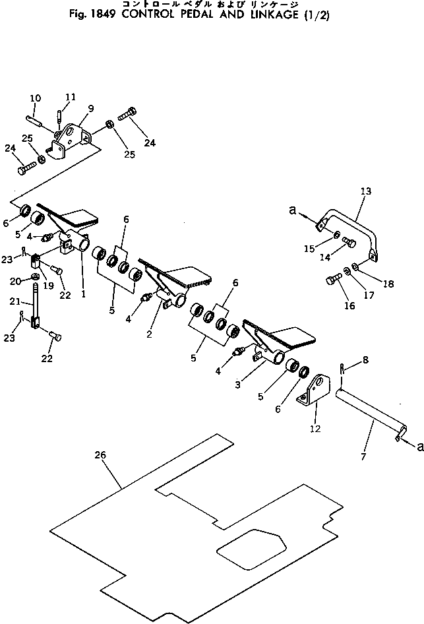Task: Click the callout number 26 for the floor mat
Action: [x=101, y=456]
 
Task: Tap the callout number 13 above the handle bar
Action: [x=366, y=191]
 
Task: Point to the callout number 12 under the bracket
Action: [x=316, y=429]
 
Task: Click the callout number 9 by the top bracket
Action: [x=90, y=108]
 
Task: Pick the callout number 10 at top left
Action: [x=34, y=99]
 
